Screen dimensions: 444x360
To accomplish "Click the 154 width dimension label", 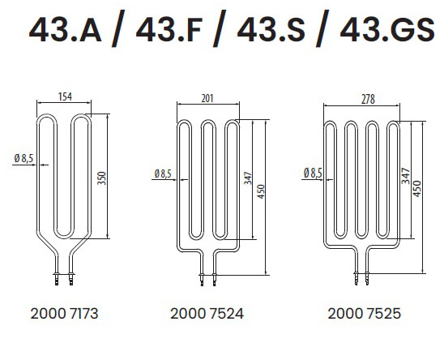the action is click(65, 96).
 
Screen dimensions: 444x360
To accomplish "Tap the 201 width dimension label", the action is click(207, 98).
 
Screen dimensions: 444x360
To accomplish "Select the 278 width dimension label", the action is click(368, 100).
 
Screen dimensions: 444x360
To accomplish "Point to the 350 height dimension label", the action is click(101, 178).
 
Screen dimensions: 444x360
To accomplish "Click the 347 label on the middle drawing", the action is click(248, 178).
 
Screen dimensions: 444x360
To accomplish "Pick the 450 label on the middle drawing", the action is click(261, 191).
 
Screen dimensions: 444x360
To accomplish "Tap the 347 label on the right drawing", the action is click(405, 176).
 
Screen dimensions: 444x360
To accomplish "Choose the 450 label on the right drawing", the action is click(417, 189).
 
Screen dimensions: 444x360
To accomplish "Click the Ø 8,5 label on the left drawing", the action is click(23, 158).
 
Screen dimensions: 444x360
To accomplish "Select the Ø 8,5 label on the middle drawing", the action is click(163, 174).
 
